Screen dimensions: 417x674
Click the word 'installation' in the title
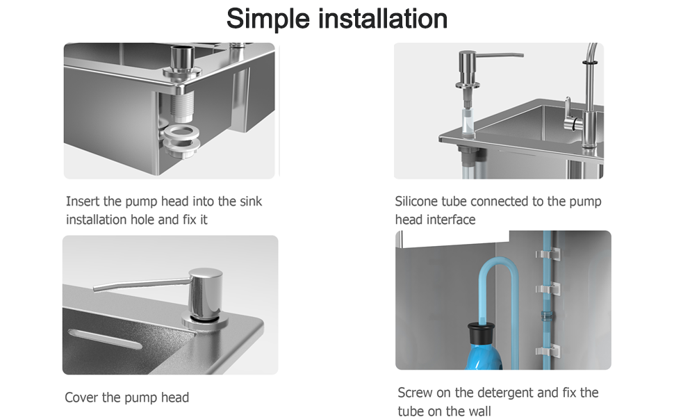[x=383, y=19]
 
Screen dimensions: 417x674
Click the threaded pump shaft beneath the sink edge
[x=183, y=108]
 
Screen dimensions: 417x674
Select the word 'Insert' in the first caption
[x=83, y=202]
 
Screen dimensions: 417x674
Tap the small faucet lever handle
[x=568, y=106]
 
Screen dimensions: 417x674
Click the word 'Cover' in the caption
[x=82, y=398]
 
